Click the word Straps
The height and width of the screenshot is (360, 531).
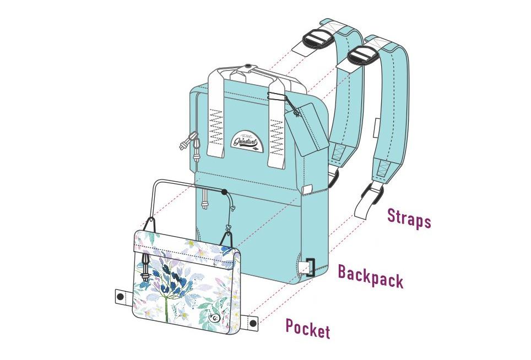(x=409, y=217)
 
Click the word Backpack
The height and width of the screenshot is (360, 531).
(x=370, y=276)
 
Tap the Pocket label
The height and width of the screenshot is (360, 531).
(x=307, y=329)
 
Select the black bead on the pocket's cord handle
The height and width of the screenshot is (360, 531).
(x=224, y=192)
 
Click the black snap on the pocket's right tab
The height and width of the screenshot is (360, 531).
(x=253, y=323)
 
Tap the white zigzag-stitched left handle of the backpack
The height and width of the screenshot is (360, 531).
(x=216, y=118)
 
